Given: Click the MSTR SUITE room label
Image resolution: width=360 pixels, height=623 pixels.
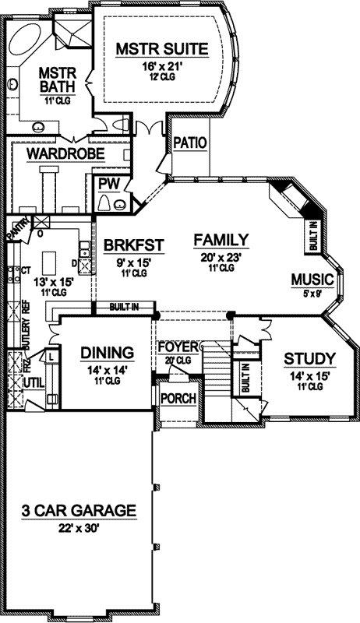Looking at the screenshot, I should point(162,50).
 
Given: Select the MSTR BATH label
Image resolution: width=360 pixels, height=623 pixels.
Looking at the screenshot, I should point(57,79).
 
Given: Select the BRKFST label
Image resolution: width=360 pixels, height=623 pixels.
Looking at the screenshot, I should point(134,245).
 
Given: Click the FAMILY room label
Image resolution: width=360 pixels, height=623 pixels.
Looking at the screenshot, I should point(221,239).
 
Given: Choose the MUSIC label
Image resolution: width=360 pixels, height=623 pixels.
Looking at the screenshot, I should point(312,280).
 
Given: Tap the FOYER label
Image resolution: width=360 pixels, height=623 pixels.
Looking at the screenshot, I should point(176,346).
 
